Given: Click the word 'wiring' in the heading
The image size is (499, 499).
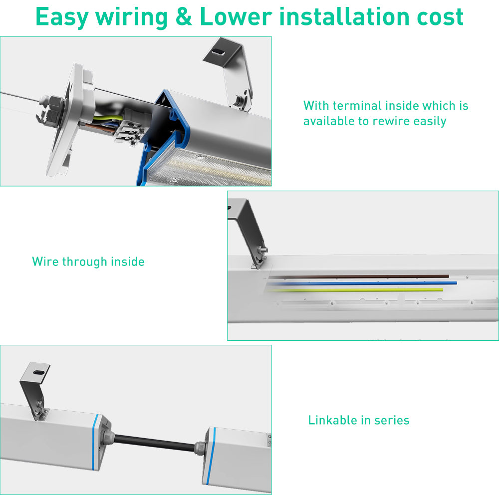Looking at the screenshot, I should (x=131, y=16).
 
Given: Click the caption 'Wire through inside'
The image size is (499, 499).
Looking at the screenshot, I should (x=88, y=261).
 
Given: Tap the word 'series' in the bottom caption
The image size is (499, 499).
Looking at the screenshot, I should (x=391, y=420).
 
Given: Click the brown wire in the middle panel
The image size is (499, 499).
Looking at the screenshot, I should (x=359, y=275).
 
